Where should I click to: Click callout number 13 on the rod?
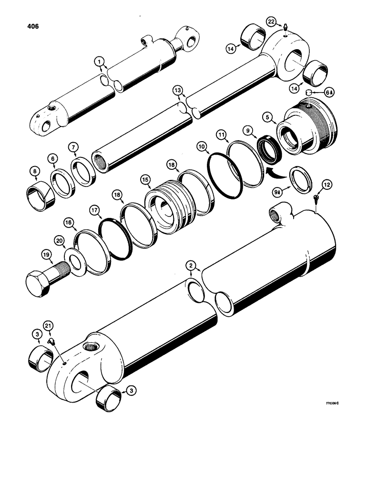click(x=177, y=91)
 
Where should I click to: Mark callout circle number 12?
click(x=326, y=184)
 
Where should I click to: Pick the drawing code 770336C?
click(x=328, y=404)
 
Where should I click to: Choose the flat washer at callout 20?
click(x=74, y=260)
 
